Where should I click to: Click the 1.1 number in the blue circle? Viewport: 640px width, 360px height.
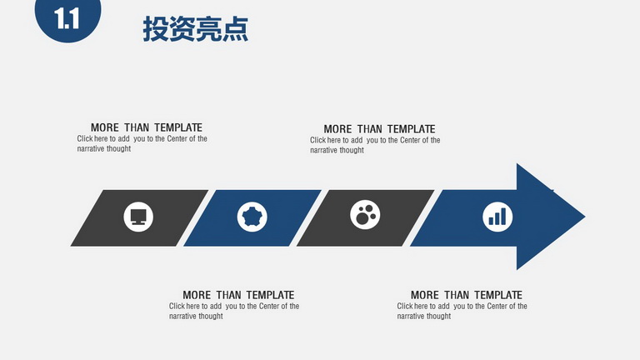coord(67,19)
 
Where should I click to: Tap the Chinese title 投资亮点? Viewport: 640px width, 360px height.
coord(196,29)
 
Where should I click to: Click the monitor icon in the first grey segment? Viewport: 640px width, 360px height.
coord(138,217)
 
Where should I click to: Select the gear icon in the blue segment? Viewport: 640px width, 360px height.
coord(252,217)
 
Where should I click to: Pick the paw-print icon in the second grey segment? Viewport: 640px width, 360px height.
coord(365,215)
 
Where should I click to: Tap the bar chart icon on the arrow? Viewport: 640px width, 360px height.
coord(497,217)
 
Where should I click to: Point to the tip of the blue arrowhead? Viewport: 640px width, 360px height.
coord(585,217)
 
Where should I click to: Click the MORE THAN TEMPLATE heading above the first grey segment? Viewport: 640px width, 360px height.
coord(147,127)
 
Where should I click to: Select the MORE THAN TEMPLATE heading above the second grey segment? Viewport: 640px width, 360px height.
coord(380,129)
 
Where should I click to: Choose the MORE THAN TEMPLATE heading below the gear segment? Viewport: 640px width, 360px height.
coord(238,295)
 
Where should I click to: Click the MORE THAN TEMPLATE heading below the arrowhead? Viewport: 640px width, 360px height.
coord(467,295)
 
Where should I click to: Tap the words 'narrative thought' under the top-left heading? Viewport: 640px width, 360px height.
coord(104,149)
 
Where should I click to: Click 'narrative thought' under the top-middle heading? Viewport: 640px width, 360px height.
coord(337,150)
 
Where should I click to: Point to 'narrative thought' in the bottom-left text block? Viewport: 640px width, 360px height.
coord(196,317)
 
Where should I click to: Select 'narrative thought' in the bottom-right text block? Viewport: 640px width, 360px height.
coord(424,317)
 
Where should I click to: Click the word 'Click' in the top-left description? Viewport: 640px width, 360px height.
coord(85,139)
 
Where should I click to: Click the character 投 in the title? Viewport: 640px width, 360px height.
coord(156,29)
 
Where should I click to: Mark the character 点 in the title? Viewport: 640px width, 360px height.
coord(236,29)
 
